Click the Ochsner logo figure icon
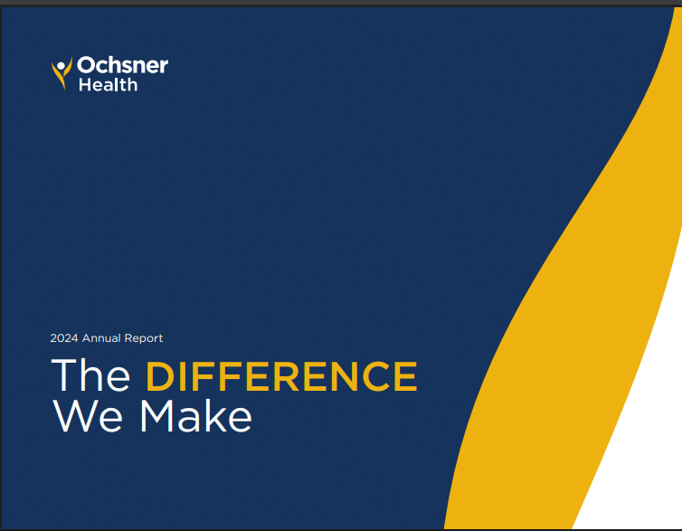point(62,73)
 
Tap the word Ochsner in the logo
point(122,66)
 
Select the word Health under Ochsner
point(108,84)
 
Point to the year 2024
point(64,338)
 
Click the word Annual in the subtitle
point(103,338)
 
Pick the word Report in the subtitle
point(145,338)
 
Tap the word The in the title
point(91,376)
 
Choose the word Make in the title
point(195,417)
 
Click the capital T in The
point(65,376)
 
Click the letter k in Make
point(220,416)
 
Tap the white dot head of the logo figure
point(62,64)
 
